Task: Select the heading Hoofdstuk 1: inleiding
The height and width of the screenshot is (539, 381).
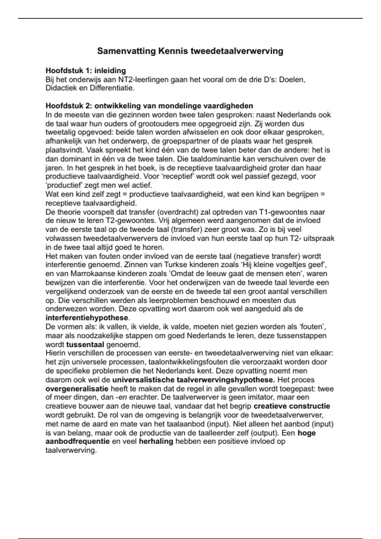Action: point(86,70)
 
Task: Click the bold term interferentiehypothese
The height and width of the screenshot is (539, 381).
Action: point(87,318)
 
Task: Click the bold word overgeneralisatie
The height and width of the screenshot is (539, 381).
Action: point(77,388)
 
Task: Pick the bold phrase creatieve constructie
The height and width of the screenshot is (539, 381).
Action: point(292,406)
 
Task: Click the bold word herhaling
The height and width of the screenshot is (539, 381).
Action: point(156,441)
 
